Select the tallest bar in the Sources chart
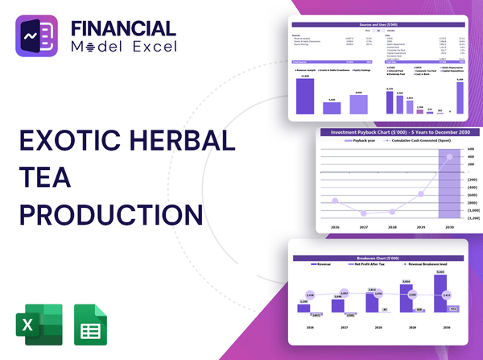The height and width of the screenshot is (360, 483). (305, 95)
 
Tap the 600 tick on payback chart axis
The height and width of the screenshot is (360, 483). (473, 149)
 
